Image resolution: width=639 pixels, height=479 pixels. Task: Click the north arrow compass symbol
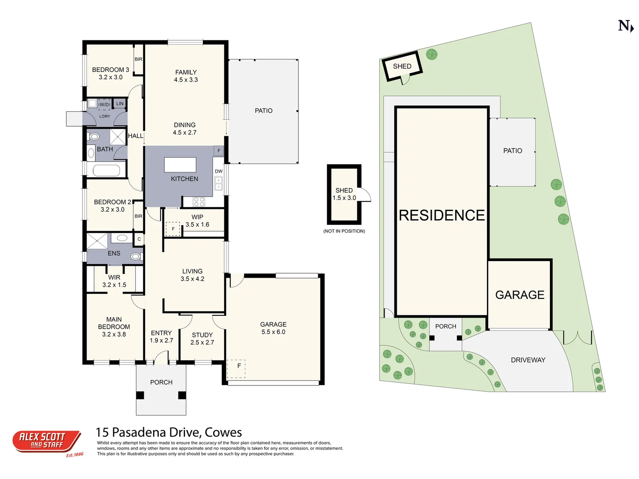[x=626, y=26]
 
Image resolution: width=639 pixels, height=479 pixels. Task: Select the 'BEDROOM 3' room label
[x=110, y=70]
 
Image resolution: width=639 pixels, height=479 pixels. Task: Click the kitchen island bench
[x=180, y=165]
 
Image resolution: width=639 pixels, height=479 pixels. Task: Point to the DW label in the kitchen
[x=219, y=171]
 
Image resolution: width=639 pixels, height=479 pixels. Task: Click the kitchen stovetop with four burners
[x=199, y=201]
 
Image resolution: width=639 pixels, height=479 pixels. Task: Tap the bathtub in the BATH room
[x=106, y=170]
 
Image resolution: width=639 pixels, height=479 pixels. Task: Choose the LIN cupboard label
[x=120, y=103]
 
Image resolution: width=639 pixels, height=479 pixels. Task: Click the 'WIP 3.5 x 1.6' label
[x=197, y=221]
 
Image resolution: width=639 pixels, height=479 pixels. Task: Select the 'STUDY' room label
[x=202, y=335]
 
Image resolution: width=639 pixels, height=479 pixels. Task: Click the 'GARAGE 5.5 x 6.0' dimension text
[x=273, y=332]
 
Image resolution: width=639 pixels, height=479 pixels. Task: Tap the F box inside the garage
[x=237, y=369]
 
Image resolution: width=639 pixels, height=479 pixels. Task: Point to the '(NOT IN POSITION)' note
[x=344, y=231]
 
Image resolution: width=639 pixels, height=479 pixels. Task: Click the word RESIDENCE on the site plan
[x=442, y=216]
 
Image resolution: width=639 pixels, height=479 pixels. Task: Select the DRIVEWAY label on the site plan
[x=528, y=360]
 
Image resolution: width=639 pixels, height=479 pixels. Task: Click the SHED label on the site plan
[x=402, y=67]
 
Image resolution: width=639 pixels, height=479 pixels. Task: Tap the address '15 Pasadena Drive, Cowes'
[x=169, y=432]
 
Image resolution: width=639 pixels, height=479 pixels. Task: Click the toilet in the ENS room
[x=136, y=256]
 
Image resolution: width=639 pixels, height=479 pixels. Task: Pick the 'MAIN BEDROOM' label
[x=114, y=323]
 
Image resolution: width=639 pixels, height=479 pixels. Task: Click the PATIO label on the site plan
[x=513, y=151]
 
